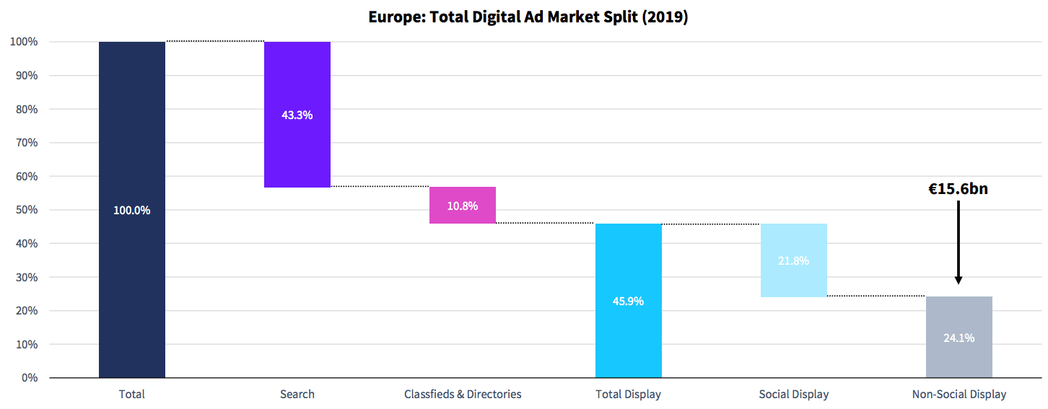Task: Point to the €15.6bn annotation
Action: [958, 190]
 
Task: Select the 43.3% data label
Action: [297, 115]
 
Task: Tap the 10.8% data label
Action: [463, 206]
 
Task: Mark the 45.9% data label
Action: [629, 301]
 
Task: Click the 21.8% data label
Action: [794, 260]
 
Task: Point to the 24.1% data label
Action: [959, 337]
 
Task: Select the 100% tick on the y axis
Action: [25, 42]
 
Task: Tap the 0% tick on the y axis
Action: [30, 378]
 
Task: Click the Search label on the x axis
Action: [297, 395]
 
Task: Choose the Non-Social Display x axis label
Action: [959, 395]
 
